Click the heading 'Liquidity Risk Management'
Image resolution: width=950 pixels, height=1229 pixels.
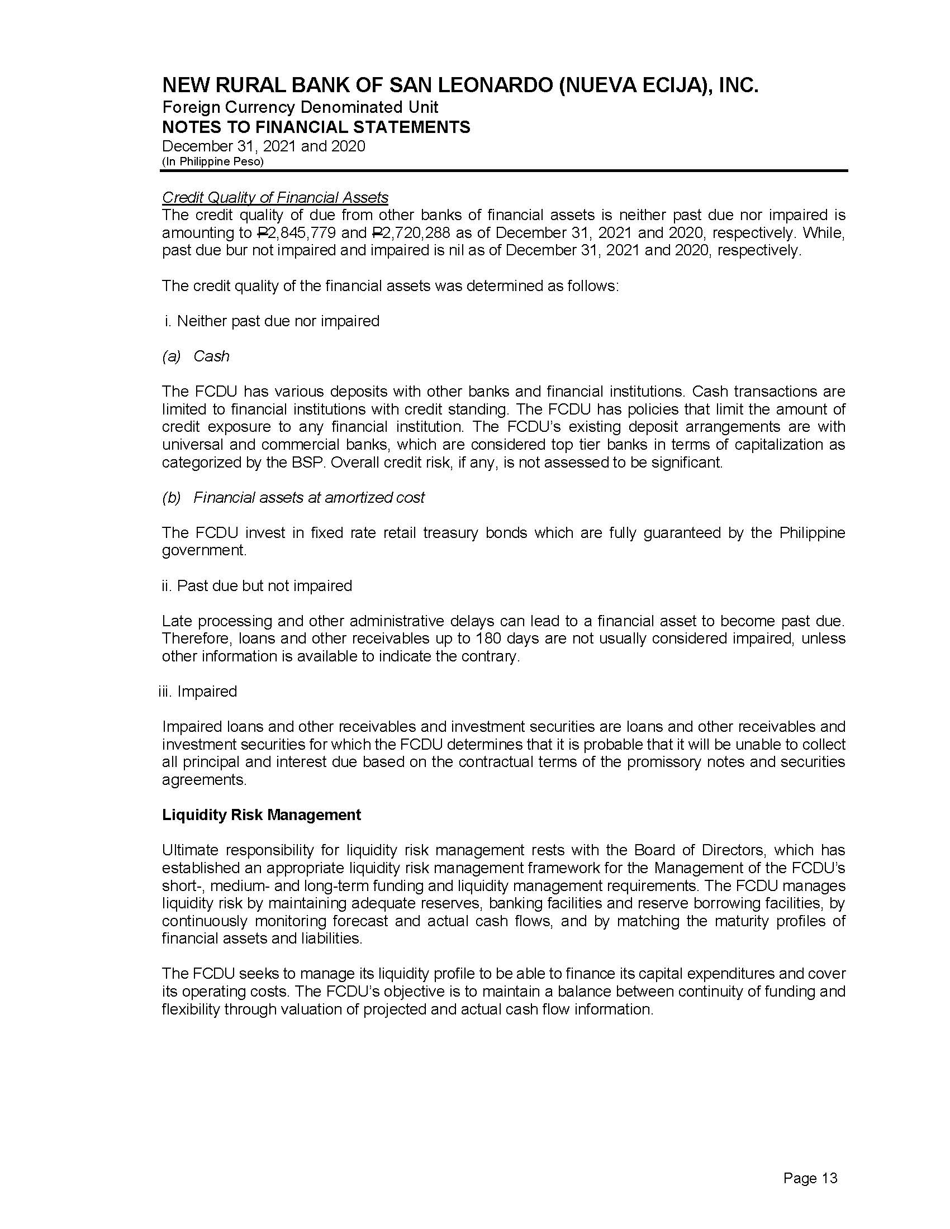click(x=261, y=815)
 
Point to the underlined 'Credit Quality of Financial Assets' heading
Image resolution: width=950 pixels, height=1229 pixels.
click(x=274, y=198)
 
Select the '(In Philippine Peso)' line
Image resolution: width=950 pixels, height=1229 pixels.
click(x=213, y=161)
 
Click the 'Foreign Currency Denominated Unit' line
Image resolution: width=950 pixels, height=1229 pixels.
click(x=300, y=107)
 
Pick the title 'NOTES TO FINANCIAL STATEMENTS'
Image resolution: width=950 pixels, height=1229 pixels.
click(x=316, y=127)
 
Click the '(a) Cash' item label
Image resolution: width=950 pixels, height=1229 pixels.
click(x=196, y=356)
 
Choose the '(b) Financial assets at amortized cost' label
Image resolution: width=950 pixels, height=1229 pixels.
click(x=293, y=497)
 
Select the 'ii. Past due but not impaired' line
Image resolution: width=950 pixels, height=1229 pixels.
click(x=256, y=586)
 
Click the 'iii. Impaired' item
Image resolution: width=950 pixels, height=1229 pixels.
click(x=197, y=691)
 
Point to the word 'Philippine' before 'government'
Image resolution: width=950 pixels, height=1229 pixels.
click(x=812, y=532)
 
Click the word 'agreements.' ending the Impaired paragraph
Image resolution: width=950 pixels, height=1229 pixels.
click(x=205, y=780)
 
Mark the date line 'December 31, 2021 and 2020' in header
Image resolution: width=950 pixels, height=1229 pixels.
click(x=263, y=146)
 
